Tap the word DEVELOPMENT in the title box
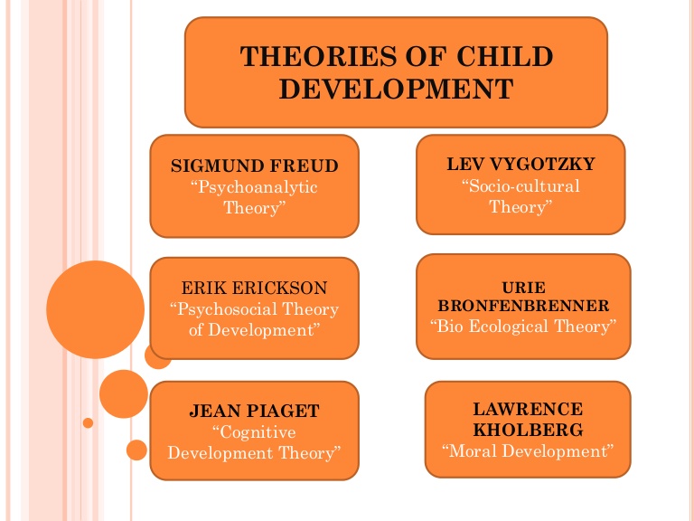[x=396, y=89]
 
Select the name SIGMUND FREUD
[x=255, y=166]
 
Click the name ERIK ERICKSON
[x=254, y=289]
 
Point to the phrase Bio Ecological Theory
[x=522, y=326]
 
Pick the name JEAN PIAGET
[x=254, y=412]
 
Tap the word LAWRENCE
[x=528, y=409]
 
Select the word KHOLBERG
[x=528, y=429]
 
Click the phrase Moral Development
[x=528, y=450]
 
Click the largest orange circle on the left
[x=95, y=309]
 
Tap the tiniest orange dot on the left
[x=88, y=422]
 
